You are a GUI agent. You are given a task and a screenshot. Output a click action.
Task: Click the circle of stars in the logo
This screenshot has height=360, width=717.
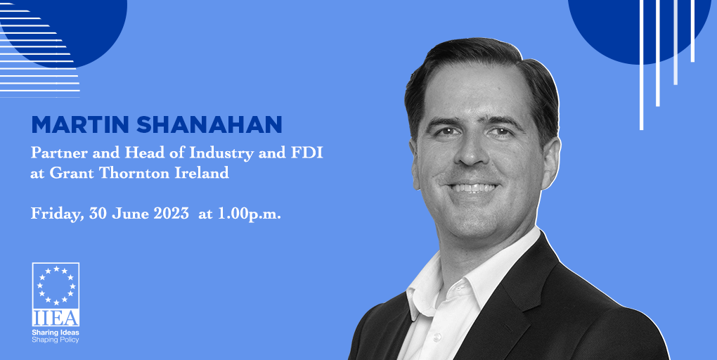pos(56,285)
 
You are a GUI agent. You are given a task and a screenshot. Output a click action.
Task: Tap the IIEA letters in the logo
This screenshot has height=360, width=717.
pos(56,318)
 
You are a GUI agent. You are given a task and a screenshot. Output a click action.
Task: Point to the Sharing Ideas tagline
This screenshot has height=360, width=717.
pos(56,331)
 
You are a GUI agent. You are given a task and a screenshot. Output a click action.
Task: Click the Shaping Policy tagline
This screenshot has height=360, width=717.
pos(56,340)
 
